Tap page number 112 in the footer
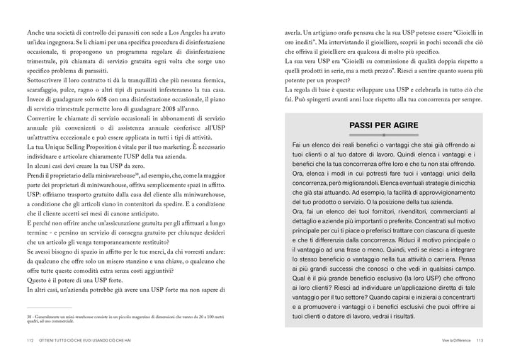click(30, 342)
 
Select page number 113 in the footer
click(480, 342)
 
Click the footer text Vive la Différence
click(450, 342)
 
